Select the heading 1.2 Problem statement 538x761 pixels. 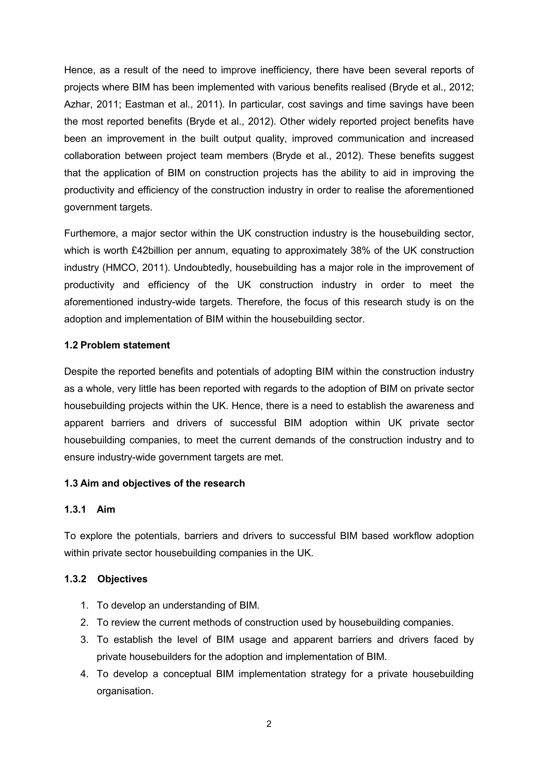(x=117, y=345)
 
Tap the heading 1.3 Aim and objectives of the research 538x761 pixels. (x=154, y=483)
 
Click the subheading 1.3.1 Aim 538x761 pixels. (x=90, y=509)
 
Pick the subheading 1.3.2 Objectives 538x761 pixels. (x=106, y=579)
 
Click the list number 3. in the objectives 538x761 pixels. (x=85, y=639)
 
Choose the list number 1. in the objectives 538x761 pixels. (x=85, y=605)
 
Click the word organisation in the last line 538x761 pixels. (x=124, y=691)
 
